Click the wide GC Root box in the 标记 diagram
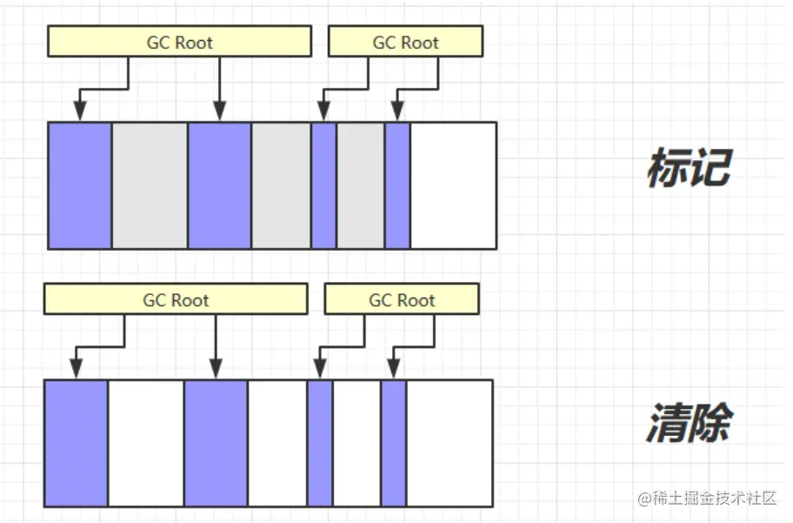pos(179,42)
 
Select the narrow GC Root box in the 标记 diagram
pos(405,42)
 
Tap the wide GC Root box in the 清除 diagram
pos(176,300)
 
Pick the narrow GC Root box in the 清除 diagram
pos(402,300)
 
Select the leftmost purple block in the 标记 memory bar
pos(80,185)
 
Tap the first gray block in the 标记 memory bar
pos(150,185)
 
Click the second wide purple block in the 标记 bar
pos(220,185)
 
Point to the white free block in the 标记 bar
pos(453,185)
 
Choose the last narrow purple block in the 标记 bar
pos(397,185)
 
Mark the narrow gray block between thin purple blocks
pos(361,185)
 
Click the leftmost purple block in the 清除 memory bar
pos(77,443)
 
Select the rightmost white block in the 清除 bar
pos(450,443)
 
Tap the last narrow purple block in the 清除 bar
pos(394,443)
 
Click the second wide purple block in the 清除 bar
pos(217,443)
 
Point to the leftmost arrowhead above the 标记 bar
pos(80,111)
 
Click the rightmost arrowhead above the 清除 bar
pos(394,369)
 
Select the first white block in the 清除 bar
pos(146,443)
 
